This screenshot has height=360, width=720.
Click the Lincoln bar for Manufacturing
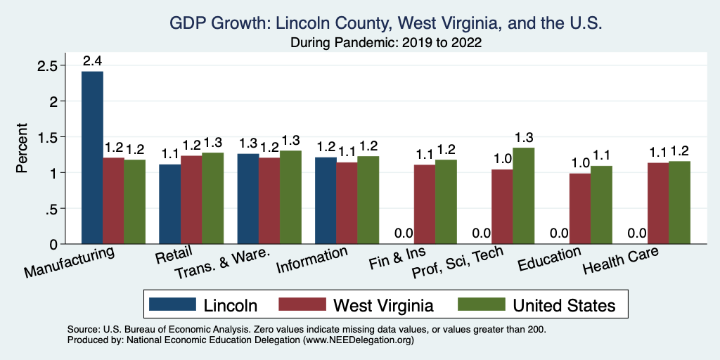pyautogui.click(x=92, y=157)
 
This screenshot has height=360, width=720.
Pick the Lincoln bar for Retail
pyautogui.click(x=169, y=204)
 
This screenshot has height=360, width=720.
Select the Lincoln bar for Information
pyautogui.click(x=326, y=200)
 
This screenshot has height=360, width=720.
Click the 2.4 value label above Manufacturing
pyautogui.click(x=92, y=61)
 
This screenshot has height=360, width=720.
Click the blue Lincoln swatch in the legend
pyautogui.click(x=172, y=304)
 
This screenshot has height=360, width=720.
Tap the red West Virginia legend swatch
pyautogui.click(x=302, y=304)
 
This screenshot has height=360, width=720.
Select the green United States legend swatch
pyautogui.click(x=482, y=304)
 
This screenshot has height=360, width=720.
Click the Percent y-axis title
pyautogui.click(x=23, y=148)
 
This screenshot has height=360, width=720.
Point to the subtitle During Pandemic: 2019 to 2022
pyautogui.click(x=386, y=42)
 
